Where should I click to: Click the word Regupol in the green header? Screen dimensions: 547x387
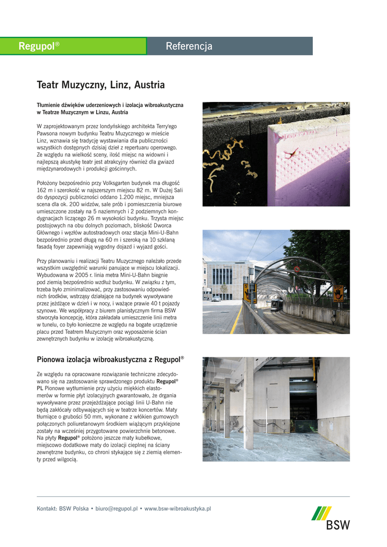tap(36, 46)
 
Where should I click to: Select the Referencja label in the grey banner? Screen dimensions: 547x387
tap(189, 46)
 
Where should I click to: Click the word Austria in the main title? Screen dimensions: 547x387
tap(149, 85)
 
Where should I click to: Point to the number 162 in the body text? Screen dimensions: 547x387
tap(42, 190)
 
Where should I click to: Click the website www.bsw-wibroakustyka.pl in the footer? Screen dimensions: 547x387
tap(178, 509)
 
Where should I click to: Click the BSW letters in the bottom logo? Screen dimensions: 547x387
tap(338, 525)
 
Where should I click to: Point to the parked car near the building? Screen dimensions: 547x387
tap(216, 299)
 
